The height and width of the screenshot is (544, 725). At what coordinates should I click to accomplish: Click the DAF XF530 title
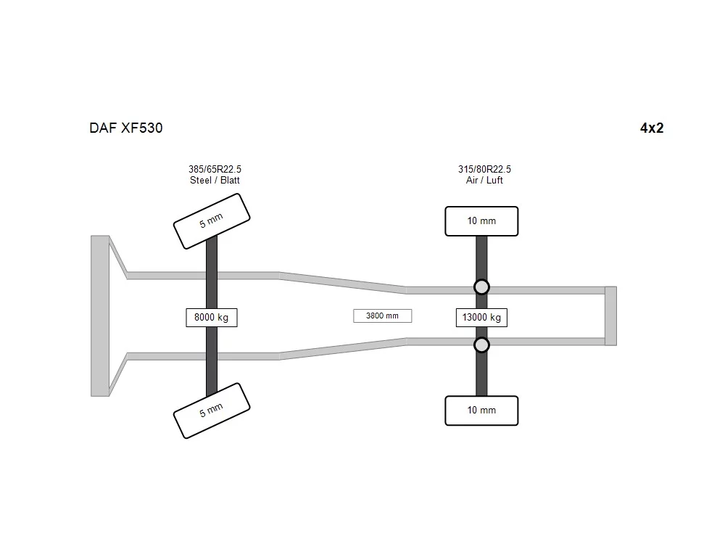point(125,128)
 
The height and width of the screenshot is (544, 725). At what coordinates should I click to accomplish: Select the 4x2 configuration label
point(652,128)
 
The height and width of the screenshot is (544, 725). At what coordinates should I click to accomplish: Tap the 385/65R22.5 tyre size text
point(215,169)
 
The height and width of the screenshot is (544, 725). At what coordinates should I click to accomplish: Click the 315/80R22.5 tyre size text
point(484,169)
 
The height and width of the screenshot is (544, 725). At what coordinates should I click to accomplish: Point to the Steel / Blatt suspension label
point(215,181)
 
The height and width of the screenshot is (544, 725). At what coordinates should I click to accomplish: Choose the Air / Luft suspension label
point(484,181)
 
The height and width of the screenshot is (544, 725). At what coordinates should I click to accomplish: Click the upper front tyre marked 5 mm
point(212,221)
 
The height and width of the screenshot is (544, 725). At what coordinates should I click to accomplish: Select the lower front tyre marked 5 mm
point(212,411)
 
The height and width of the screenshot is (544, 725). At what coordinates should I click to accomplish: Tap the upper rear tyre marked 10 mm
point(481,221)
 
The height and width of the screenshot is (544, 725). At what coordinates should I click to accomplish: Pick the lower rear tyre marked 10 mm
point(481,411)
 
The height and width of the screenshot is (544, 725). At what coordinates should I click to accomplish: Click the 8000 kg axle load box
point(211,318)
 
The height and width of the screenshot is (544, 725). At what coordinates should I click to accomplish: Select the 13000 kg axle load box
point(481,318)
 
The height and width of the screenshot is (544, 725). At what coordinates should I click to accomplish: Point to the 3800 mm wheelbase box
point(382,316)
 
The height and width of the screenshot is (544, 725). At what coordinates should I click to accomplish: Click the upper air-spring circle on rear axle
point(481,287)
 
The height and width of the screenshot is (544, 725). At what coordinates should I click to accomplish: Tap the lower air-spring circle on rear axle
point(481,345)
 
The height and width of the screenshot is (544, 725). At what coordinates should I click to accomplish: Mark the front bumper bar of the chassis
point(100,316)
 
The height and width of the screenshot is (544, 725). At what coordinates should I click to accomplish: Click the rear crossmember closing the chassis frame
point(610,316)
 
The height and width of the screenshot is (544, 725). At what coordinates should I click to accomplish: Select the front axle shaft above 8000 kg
point(211,272)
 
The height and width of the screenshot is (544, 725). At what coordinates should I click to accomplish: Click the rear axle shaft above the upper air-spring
point(481,257)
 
